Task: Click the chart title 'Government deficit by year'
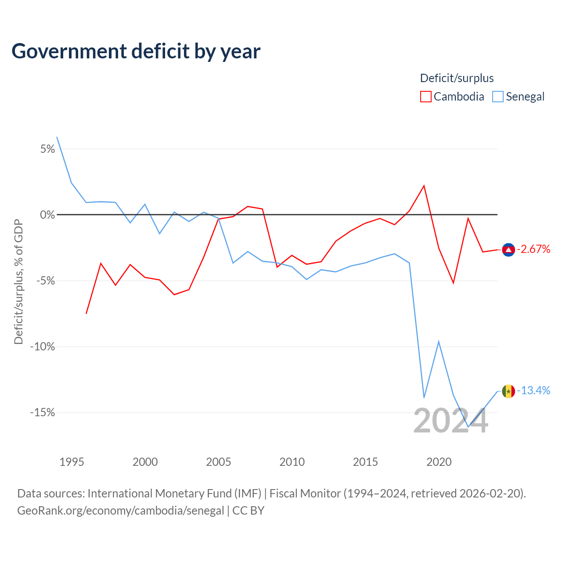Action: click(136, 51)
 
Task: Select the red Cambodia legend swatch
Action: click(425, 97)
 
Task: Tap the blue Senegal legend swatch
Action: click(497, 97)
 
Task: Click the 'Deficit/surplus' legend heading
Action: click(457, 78)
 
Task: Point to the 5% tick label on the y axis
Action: click(47, 149)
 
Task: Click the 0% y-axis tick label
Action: click(47, 215)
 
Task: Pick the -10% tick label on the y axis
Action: click(43, 346)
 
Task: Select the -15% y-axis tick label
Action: click(43, 412)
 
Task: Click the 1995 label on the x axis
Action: click(72, 462)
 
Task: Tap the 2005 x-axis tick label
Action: click(219, 462)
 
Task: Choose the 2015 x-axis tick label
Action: click(365, 462)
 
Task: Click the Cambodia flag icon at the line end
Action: click(508, 250)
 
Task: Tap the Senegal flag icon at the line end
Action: click(508, 391)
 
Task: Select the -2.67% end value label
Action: click(533, 249)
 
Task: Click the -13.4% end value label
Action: click(533, 390)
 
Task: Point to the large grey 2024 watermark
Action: click(450, 421)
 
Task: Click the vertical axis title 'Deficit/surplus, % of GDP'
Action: click(19, 282)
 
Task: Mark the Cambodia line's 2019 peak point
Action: click(424, 185)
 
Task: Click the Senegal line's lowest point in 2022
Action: click(468, 427)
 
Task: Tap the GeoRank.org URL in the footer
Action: click(120, 510)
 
